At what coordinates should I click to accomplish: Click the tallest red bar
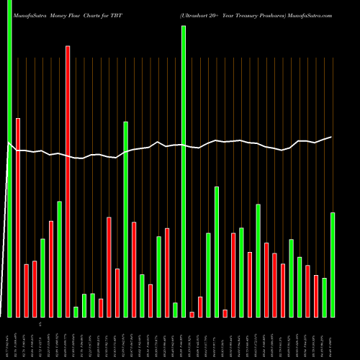68,180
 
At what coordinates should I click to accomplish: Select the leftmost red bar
18,216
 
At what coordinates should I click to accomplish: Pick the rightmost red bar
316,295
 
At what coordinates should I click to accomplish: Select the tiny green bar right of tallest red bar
76,312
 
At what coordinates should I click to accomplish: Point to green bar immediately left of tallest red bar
59,259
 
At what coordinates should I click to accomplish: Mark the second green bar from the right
325,297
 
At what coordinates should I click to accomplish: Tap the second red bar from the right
307,291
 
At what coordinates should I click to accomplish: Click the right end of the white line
332,137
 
